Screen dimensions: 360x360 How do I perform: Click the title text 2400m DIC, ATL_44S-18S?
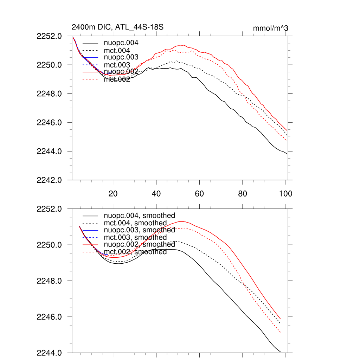click(x=117, y=27)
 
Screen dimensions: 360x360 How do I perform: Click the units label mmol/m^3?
click(x=270, y=28)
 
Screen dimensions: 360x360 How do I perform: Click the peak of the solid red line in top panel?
click(x=184, y=45)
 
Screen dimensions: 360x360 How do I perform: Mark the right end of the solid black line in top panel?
click(x=287, y=154)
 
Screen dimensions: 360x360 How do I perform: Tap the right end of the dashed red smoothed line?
click(x=281, y=332)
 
